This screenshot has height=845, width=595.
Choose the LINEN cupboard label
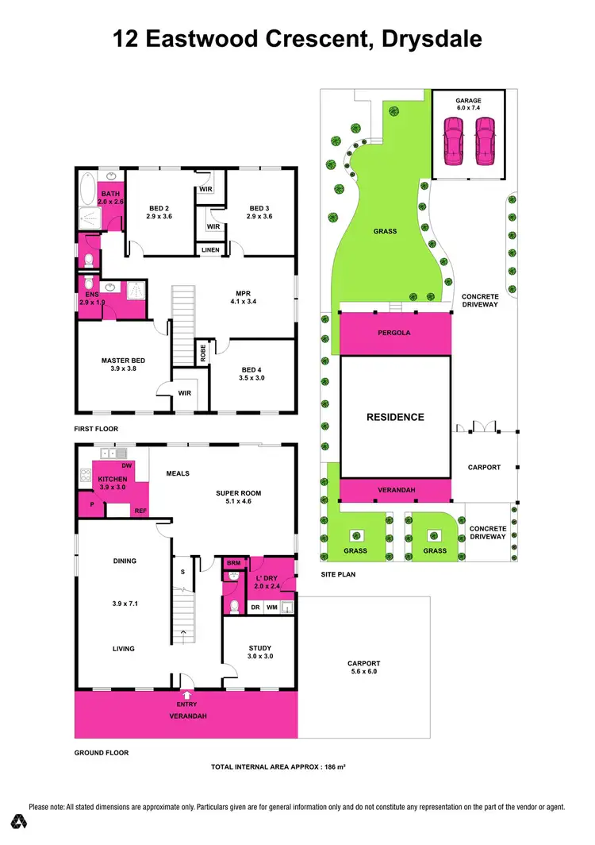point(210,250)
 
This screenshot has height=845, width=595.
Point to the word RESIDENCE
point(394,417)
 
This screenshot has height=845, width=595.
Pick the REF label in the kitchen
point(140,511)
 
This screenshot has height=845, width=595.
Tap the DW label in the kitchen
point(126,465)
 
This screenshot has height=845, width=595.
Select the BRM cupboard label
point(234,562)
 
